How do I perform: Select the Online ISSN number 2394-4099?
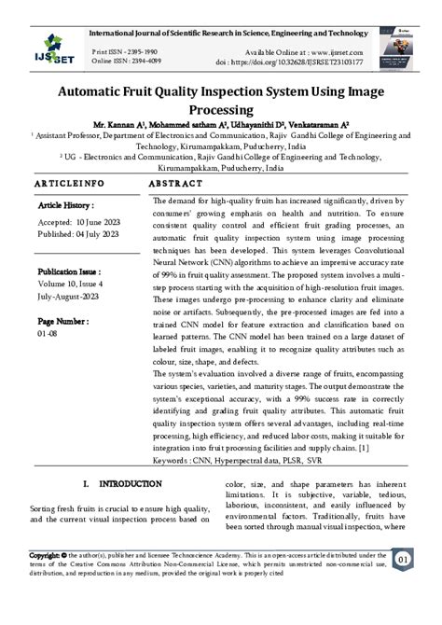(x=145, y=62)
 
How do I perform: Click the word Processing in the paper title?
(x=221, y=110)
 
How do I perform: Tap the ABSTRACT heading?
(x=176, y=184)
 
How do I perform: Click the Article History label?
(x=67, y=203)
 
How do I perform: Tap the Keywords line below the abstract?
(x=237, y=460)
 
